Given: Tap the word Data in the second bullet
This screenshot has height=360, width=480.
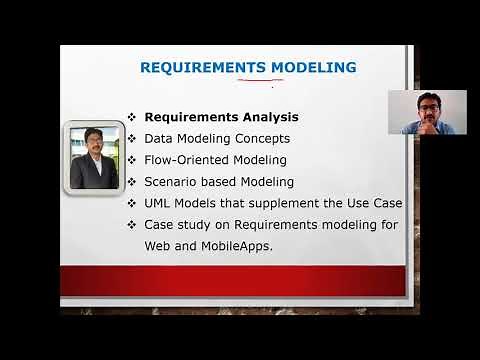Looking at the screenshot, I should click(x=160, y=138).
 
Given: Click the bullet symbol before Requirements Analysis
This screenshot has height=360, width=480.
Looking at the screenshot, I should click(x=132, y=117).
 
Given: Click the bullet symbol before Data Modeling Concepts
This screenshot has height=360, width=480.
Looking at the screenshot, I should click(x=132, y=139).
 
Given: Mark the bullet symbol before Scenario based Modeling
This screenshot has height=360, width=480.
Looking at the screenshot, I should click(x=132, y=182).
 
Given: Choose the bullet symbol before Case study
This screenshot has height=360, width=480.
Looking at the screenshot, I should click(x=132, y=226).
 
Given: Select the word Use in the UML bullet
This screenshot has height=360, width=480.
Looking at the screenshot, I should click(x=349, y=204).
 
